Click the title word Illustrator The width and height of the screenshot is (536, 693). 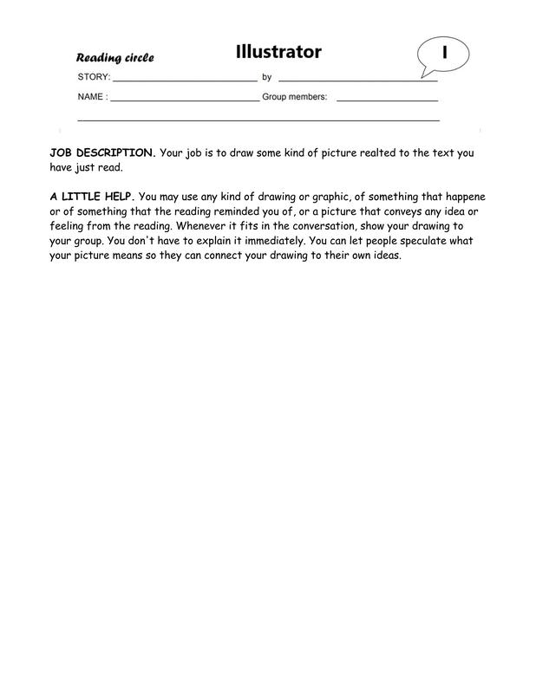tap(278, 52)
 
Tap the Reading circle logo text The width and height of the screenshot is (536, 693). tap(114, 58)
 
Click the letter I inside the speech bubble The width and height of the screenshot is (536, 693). tap(445, 52)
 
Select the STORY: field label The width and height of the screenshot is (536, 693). tap(94, 77)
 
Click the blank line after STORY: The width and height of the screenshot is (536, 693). tap(184, 79)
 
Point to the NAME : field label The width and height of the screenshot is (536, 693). tap(92, 97)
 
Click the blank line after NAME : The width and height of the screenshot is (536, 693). tap(184, 100)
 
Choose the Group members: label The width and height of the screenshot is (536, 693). tap(294, 97)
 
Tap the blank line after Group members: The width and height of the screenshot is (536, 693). tap(387, 100)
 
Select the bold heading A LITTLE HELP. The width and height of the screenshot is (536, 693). tap(92, 197)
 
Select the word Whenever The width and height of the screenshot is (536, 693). tap(200, 227)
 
